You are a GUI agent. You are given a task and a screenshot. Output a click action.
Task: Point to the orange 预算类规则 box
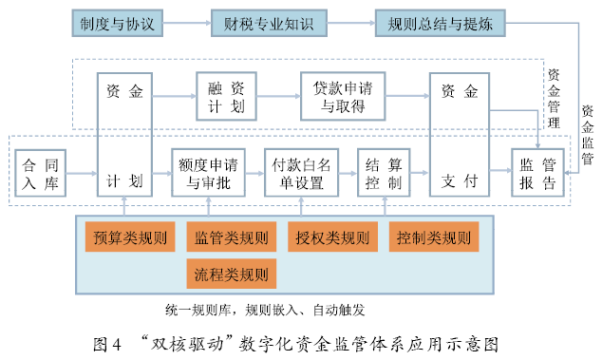(x=128, y=237)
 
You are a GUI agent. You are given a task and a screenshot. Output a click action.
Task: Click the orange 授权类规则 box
(x=332, y=237)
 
